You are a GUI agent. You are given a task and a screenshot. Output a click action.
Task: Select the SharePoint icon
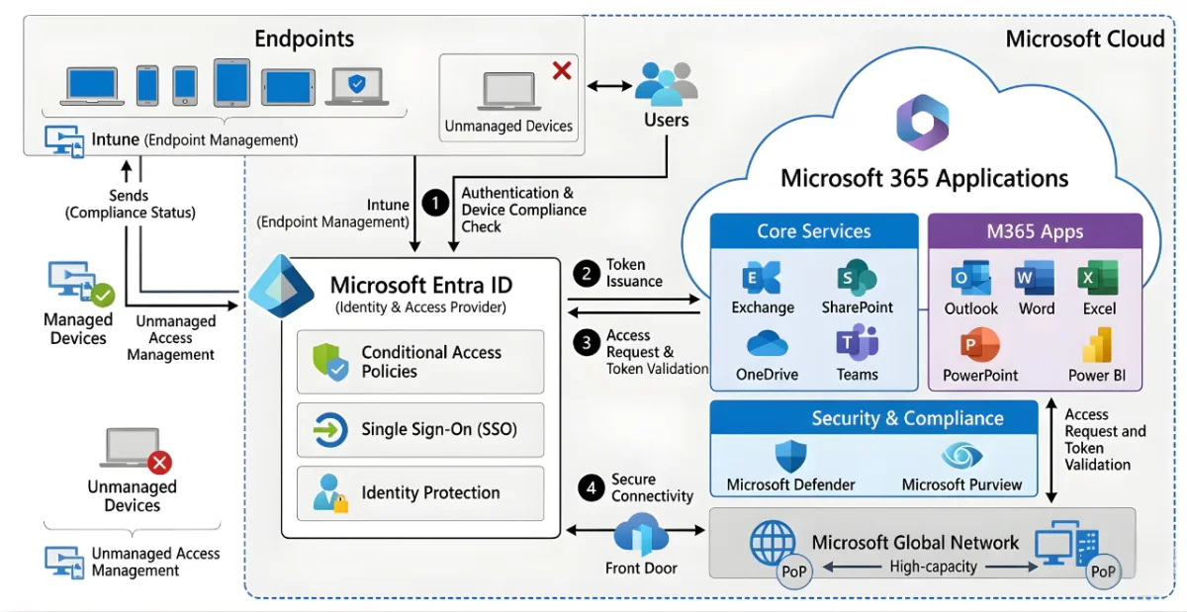pyautogui.click(x=857, y=278)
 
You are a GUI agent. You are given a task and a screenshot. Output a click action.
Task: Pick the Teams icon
pyautogui.click(x=856, y=343)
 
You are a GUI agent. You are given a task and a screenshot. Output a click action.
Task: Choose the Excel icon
pyautogui.click(x=1098, y=279)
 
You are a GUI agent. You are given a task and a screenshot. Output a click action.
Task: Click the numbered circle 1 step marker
pyautogui.click(x=435, y=202)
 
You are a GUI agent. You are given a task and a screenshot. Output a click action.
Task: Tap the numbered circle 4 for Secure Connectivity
pyautogui.click(x=592, y=487)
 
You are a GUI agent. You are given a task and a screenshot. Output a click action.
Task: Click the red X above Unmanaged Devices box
pyautogui.click(x=561, y=70)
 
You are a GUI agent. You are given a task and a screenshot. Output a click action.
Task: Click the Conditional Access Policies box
pyautogui.click(x=420, y=362)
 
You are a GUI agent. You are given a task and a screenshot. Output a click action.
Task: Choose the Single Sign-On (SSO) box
pyautogui.click(x=420, y=429)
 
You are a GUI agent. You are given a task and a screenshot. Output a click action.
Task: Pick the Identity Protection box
pyautogui.click(x=420, y=492)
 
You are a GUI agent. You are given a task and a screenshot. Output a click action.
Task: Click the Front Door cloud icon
pyautogui.click(x=641, y=535)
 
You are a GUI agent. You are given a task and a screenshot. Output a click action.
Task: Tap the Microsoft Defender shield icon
pyautogui.click(x=790, y=457)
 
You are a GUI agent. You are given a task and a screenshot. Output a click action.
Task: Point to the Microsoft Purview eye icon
pyautogui.click(x=960, y=456)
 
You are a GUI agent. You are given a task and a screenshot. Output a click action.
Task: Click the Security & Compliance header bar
pyautogui.click(x=873, y=418)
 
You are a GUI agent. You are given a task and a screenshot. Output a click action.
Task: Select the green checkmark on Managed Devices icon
pyautogui.click(x=103, y=295)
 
